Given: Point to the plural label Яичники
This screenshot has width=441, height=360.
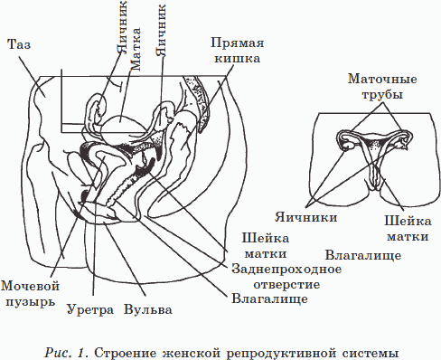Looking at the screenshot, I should point(306,217).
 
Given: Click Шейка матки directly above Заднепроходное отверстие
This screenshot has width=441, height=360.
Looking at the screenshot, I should point(267,244).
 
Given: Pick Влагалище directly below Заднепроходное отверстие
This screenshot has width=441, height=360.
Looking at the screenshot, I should point(270,296).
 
